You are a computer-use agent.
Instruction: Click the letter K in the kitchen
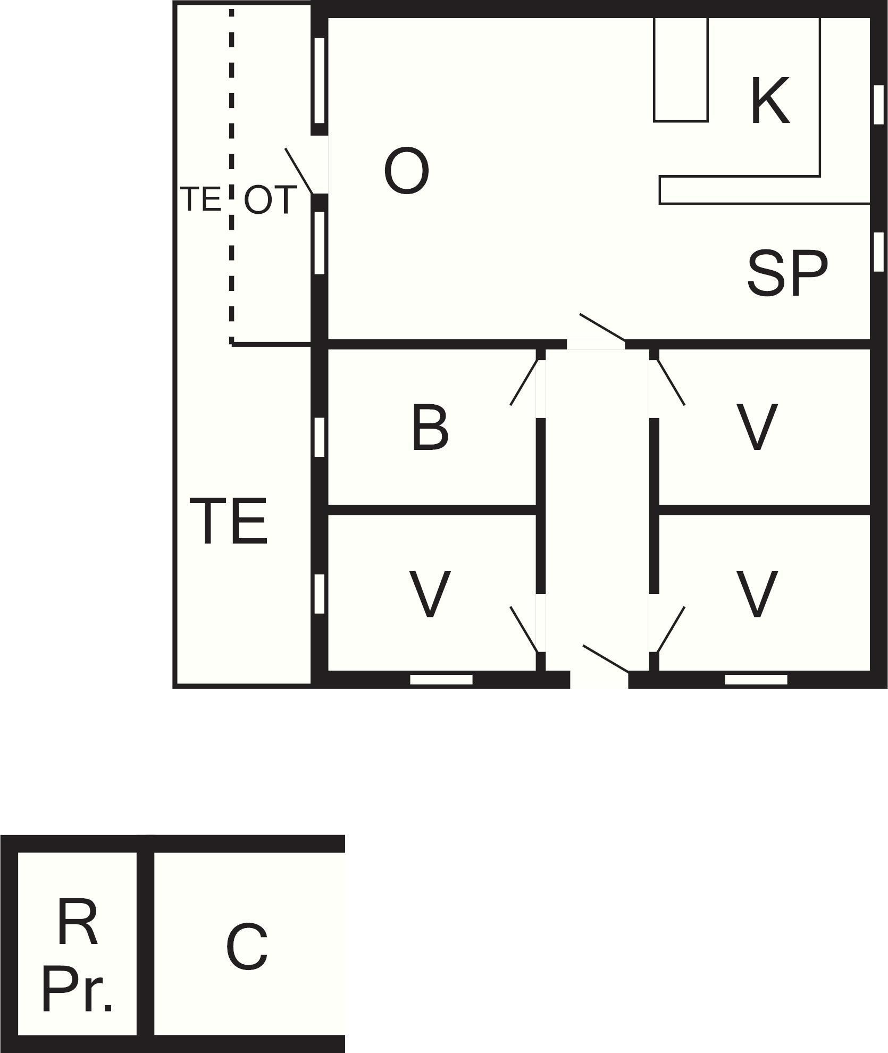click(770, 101)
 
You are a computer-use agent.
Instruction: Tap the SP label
click(788, 273)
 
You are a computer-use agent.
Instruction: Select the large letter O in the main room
click(406, 171)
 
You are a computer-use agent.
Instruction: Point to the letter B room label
click(430, 428)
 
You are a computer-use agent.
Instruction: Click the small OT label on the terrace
click(270, 200)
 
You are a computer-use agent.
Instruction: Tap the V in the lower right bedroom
click(757, 595)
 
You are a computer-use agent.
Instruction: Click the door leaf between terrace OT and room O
click(299, 171)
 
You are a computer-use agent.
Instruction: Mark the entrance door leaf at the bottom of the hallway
click(606, 658)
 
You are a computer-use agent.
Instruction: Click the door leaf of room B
click(525, 382)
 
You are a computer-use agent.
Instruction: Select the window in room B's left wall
click(319, 437)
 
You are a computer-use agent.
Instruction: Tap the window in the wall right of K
click(879, 104)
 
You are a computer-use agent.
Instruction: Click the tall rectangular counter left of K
click(681, 69)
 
